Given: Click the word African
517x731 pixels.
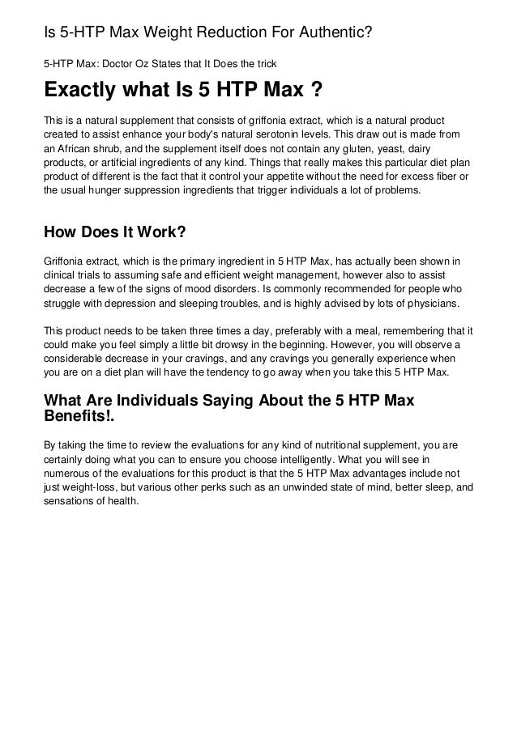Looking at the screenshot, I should click(74, 148).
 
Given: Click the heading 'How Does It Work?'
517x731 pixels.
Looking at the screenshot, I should click(114, 233).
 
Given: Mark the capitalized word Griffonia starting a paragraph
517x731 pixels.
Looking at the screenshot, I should click(67, 261).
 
